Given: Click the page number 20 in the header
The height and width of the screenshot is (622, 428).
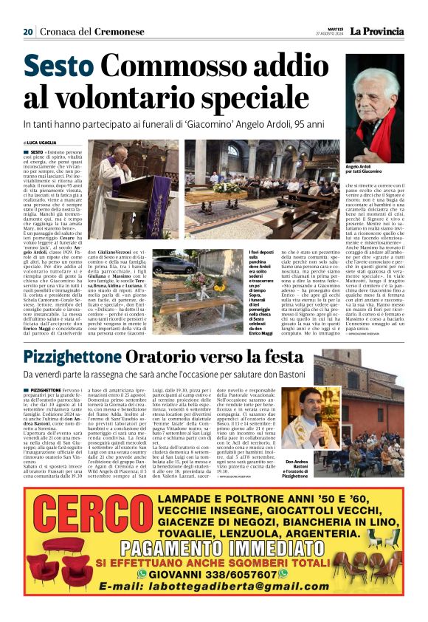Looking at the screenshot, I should pyautogui.click(x=28, y=32).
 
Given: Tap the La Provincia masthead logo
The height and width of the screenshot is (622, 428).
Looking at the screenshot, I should pyautogui.click(x=376, y=31).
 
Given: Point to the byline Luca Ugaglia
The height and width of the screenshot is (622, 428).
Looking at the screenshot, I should pyautogui.click(x=43, y=142).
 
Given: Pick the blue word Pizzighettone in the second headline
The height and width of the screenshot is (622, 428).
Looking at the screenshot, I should pyautogui.click(x=71, y=357).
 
